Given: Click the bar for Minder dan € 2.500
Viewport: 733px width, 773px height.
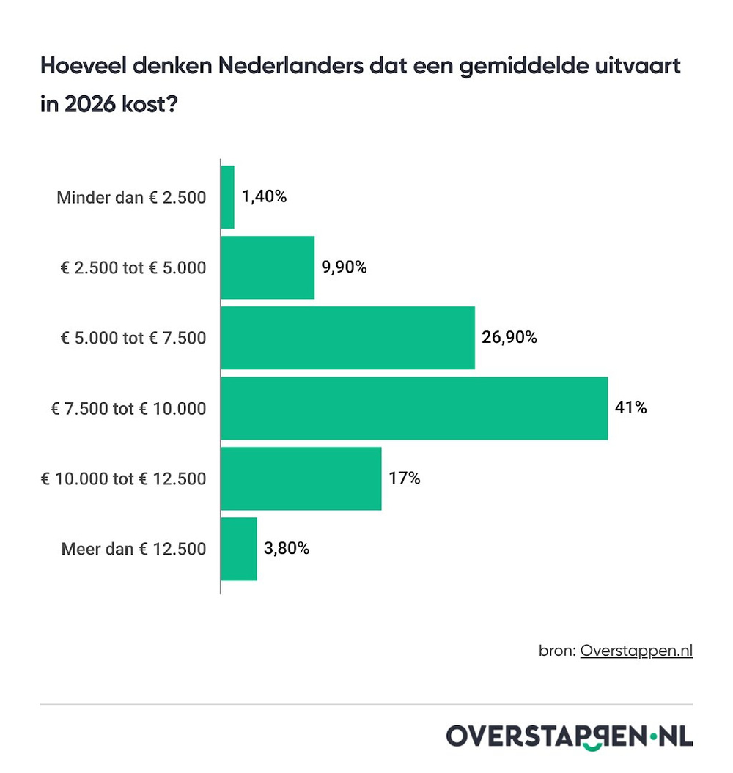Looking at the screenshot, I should click(x=227, y=197).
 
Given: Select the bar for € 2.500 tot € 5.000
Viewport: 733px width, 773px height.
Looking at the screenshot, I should click(x=268, y=267).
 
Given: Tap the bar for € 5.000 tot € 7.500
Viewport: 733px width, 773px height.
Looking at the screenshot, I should click(x=347, y=338).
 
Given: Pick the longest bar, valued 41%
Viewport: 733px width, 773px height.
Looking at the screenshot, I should click(x=414, y=408).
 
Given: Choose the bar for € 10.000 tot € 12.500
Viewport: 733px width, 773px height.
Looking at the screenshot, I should click(x=301, y=478).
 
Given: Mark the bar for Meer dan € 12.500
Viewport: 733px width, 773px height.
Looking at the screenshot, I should click(x=239, y=549).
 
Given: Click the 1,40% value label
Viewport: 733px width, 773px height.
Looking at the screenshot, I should click(x=264, y=197).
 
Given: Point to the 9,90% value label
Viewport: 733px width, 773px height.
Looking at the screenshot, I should click(x=344, y=267).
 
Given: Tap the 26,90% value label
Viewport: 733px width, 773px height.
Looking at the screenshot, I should click(x=509, y=338).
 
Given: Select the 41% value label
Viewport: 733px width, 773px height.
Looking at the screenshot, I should click(x=631, y=408).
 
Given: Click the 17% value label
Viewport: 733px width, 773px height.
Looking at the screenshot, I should click(x=405, y=478).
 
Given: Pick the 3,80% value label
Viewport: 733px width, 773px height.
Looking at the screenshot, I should click(x=287, y=549).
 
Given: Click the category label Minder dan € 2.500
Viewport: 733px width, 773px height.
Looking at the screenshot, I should click(x=131, y=198).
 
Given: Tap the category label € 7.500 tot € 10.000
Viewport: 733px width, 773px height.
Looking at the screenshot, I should click(x=128, y=409).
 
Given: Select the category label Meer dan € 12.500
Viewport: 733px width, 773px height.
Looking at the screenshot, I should click(x=133, y=550).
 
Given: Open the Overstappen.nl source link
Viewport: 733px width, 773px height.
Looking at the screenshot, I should click(x=636, y=651).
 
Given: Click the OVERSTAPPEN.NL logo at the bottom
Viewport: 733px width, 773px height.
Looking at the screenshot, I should click(x=569, y=736).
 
